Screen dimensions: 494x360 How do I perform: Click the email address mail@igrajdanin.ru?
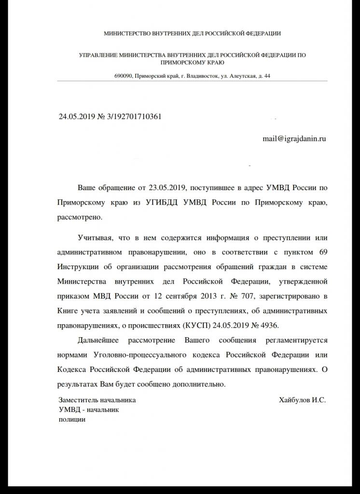(294, 138)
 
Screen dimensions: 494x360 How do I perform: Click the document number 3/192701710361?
(137, 116)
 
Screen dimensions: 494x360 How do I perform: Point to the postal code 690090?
(123, 76)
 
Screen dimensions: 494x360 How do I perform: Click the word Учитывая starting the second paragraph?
(95, 238)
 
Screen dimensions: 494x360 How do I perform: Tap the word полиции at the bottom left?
(71, 419)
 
